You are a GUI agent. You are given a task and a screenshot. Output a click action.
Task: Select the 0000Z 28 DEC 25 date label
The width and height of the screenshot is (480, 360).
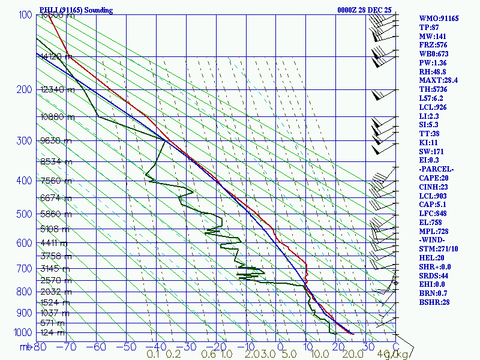(x=364, y=10)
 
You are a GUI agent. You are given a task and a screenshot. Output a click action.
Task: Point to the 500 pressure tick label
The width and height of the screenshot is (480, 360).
(x=23, y=214)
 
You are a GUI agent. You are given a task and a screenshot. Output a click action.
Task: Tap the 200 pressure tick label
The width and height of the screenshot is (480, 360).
(x=23, y=89)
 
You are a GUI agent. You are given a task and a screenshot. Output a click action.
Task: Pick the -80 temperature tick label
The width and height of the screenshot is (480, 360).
(x=40, y=346)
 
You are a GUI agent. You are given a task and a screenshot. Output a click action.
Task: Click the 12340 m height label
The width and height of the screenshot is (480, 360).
(x=58, y=90)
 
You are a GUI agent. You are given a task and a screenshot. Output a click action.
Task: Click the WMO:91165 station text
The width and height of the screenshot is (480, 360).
(x=439, y=19)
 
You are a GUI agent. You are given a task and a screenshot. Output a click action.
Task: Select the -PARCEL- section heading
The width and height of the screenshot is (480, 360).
(x=437, y=169)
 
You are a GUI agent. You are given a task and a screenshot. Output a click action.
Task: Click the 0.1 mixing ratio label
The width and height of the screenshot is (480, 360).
(x=153, y=355)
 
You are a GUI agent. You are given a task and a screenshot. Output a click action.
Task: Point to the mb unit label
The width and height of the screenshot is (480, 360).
(x=26, y=346)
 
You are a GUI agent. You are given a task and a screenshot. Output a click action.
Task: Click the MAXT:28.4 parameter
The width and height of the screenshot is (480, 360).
(x=439, y=80)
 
